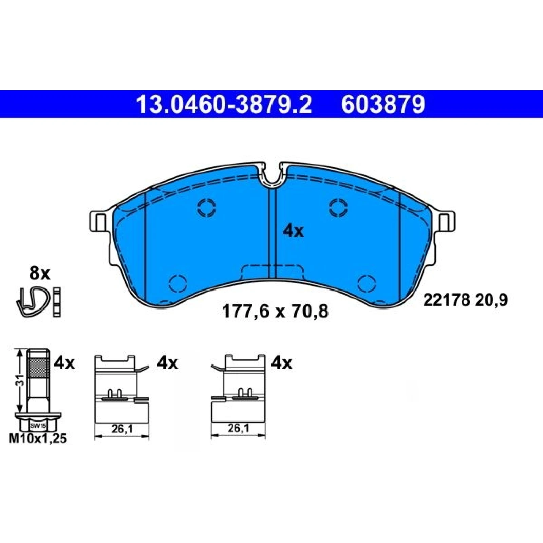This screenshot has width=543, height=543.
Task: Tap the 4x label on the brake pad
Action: pyautogui.click(x=294, y=232)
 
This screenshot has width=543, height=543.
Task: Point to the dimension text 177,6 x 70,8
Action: pyautogui.click(x=275, y=311)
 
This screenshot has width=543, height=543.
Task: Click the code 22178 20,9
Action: pyautogui.click(x=465, y=300)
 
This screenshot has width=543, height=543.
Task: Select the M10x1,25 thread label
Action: pyautogui.click(x=38, y=439)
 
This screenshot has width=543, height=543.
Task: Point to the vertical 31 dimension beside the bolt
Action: pyautogui.click(x=21, y=382)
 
